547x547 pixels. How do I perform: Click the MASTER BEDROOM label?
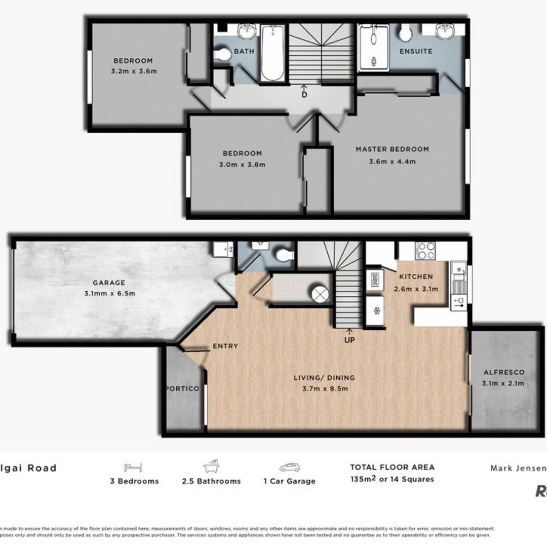click(x=392, y=149)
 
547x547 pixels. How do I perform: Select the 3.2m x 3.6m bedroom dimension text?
click(x=133, y=71)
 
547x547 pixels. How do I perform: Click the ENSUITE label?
click(x=416, y=51)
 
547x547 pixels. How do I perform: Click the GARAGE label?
click(x=108, y=283)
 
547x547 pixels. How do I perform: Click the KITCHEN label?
click(x=416, y=277)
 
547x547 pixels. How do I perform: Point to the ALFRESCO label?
click(x=503, y=372)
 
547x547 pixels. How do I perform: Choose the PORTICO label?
click(x=182, y=388)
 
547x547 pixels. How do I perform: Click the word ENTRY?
click(x=225, y=346)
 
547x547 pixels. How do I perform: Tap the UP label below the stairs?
click(x=349, y=340)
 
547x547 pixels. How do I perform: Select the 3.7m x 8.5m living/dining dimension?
click(x=325, y=388)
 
